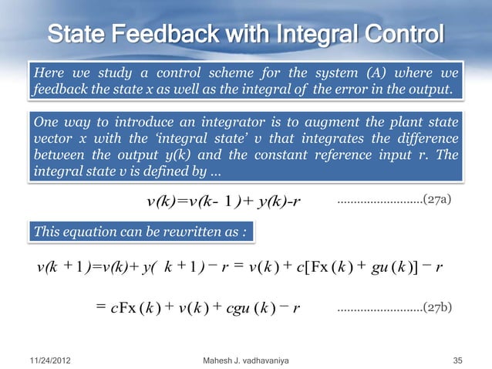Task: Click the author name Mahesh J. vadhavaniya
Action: point(246,360)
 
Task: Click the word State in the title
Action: point(77,36)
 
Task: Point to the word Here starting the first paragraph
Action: point(47,74)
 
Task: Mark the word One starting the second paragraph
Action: point(45,123)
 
